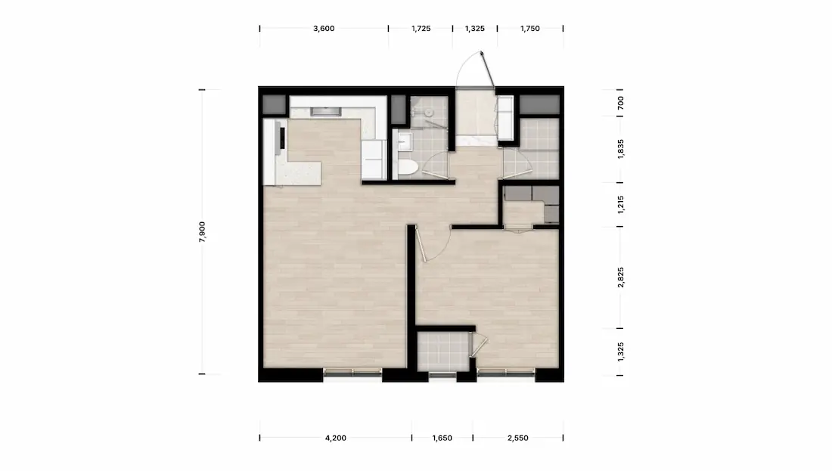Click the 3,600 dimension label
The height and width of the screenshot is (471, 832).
(324, 29)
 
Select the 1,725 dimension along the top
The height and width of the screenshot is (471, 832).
(421, 29)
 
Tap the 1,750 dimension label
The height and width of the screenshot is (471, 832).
(530, 29)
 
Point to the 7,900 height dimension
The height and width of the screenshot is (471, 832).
(202, 232)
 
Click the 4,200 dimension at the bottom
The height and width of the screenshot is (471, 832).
(335, 438)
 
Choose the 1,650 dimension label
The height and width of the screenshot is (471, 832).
(442, 438)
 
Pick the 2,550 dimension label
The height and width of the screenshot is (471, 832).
(518, 438)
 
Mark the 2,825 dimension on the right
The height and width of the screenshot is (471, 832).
(621, 277)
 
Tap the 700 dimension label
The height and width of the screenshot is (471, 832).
(621, 103)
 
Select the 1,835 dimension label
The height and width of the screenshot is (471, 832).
(621, 149)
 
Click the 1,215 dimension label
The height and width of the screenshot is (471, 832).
(621, 205)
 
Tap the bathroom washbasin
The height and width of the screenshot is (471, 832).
(405, 141)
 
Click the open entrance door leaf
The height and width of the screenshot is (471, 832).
(488, 70)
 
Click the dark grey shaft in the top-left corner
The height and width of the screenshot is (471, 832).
(275, 105)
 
